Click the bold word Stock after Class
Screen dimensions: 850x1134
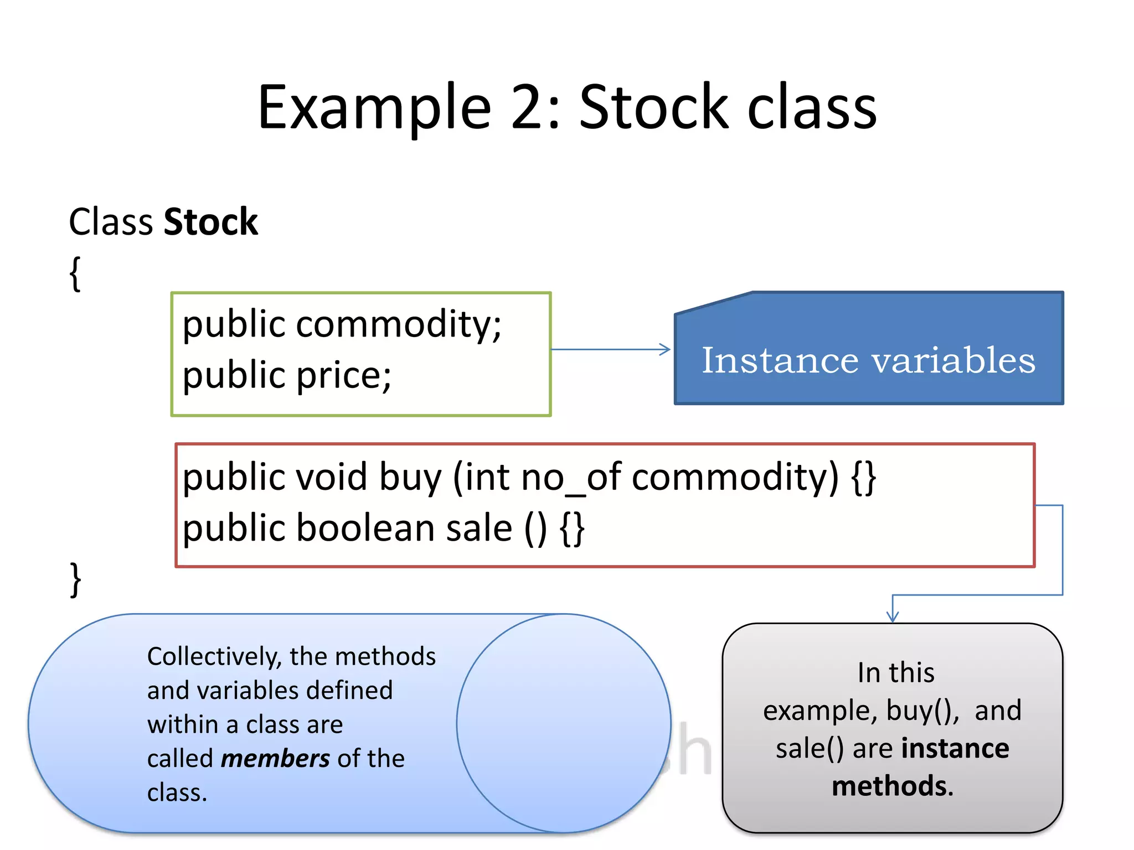211,222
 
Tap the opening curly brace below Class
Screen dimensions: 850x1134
75,273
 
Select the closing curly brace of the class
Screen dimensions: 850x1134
75,579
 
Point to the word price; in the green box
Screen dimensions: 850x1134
343,376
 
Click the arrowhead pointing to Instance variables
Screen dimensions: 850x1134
665,349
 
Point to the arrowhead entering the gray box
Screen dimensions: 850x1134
892,616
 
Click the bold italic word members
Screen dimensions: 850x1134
275,759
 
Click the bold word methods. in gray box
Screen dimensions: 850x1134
892,786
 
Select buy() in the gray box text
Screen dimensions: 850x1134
922,711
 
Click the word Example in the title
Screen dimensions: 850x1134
374,108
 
